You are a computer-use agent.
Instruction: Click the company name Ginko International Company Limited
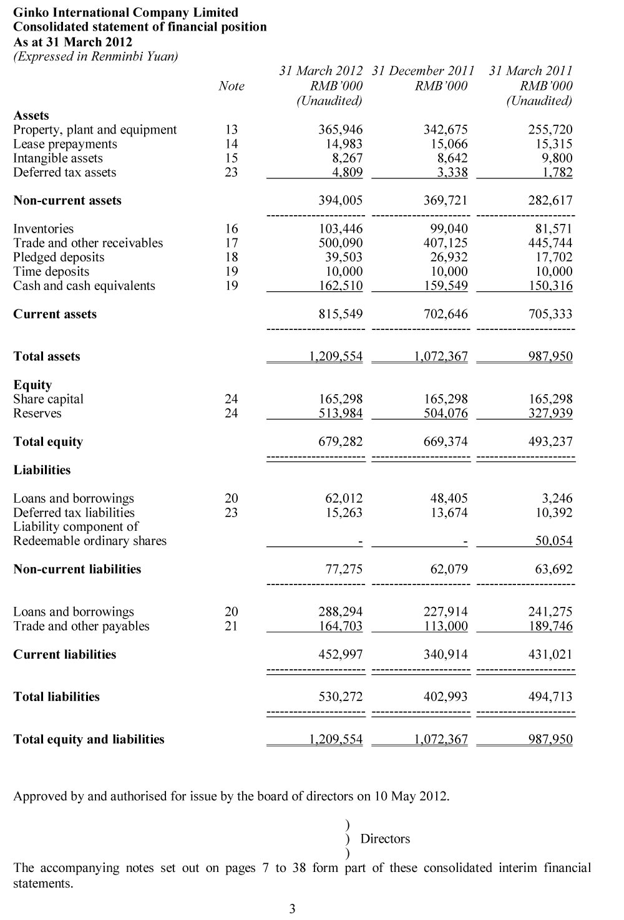coord(125,12)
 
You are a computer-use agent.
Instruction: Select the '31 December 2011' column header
coord(423,70)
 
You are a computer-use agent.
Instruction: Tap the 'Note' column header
coord(232,86)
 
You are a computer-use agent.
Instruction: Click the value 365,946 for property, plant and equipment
coord(340,130)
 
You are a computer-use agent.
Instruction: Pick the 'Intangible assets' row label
coord(58,158)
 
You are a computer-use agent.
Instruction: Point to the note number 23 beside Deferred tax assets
coord(231,173)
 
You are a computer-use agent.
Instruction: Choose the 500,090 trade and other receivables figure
coord(340,243)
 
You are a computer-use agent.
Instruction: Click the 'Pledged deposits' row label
coord(59,258)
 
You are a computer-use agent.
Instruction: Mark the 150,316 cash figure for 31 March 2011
coord(550,286)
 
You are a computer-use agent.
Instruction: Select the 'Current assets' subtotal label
coord(55,314)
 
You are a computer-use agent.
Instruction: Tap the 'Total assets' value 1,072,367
coord(441,357)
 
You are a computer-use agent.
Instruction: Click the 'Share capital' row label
coord(48,399)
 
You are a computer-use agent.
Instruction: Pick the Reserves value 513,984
coord(340,414)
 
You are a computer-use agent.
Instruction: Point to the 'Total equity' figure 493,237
coord(550,442)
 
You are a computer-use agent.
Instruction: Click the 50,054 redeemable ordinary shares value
coord(553,541)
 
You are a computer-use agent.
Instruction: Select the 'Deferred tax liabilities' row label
coord(74,513)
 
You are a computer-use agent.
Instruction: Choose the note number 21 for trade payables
coord(231,626)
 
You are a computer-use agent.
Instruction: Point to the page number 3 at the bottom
coord(292,909)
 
